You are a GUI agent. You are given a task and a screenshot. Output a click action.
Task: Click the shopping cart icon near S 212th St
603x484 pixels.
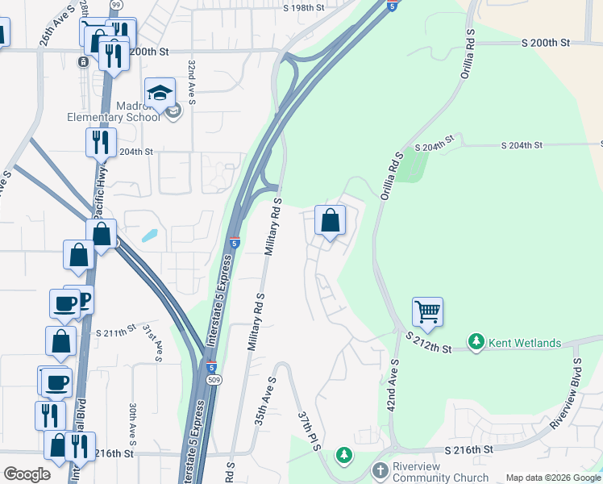point(427,311)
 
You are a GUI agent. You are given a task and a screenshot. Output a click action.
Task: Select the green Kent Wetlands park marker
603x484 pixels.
point(476,343)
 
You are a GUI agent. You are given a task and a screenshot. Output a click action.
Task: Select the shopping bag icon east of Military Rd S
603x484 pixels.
point(330,220)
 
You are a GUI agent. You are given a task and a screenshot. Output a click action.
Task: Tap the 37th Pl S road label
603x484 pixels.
point(309,433)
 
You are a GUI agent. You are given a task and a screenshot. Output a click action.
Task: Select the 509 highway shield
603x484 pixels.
point(212,378)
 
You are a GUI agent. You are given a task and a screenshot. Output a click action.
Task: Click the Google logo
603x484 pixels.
point(27,474)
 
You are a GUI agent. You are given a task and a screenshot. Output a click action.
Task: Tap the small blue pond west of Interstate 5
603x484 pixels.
point(149,236)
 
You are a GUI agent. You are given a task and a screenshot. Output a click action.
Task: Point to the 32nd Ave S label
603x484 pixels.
point(191,81)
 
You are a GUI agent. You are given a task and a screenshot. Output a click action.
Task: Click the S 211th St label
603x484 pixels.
point(115,332)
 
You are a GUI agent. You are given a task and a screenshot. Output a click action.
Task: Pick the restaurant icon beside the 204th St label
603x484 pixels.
point(101,143)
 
